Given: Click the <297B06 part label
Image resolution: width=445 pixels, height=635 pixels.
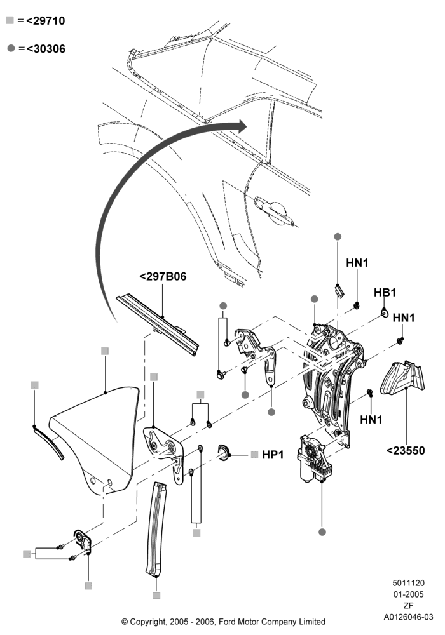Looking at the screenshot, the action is click(163, 277).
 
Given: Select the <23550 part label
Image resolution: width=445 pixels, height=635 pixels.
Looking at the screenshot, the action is click(406, 451).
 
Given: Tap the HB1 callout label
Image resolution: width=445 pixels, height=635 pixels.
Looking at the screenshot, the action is click(385, 292).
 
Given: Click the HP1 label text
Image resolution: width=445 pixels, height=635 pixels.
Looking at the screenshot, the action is click(273, 455).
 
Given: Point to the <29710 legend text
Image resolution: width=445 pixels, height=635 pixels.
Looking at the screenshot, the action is click(45, 21).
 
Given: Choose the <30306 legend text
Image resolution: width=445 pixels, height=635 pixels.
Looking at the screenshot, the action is click(46, 49).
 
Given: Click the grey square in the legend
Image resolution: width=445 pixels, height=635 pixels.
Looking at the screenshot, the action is click(10, 20).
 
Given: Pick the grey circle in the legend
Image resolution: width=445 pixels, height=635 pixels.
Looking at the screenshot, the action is click(11, 48).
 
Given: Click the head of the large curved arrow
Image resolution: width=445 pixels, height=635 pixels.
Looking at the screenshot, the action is click(242, 126).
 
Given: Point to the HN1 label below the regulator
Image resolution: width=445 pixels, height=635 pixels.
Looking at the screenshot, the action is click(371, 420).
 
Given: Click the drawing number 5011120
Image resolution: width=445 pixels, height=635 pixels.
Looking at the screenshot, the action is click(409, 583).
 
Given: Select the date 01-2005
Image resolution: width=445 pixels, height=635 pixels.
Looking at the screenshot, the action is click(409, 594).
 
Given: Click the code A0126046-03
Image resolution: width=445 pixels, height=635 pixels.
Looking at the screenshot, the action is click(409, 617).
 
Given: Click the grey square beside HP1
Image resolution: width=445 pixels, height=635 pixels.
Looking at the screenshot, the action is click(254, 455).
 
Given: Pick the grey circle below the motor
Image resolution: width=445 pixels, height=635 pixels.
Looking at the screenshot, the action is click(322, 531).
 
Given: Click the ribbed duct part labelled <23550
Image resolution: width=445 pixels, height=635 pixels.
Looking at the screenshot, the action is click(402, 377).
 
